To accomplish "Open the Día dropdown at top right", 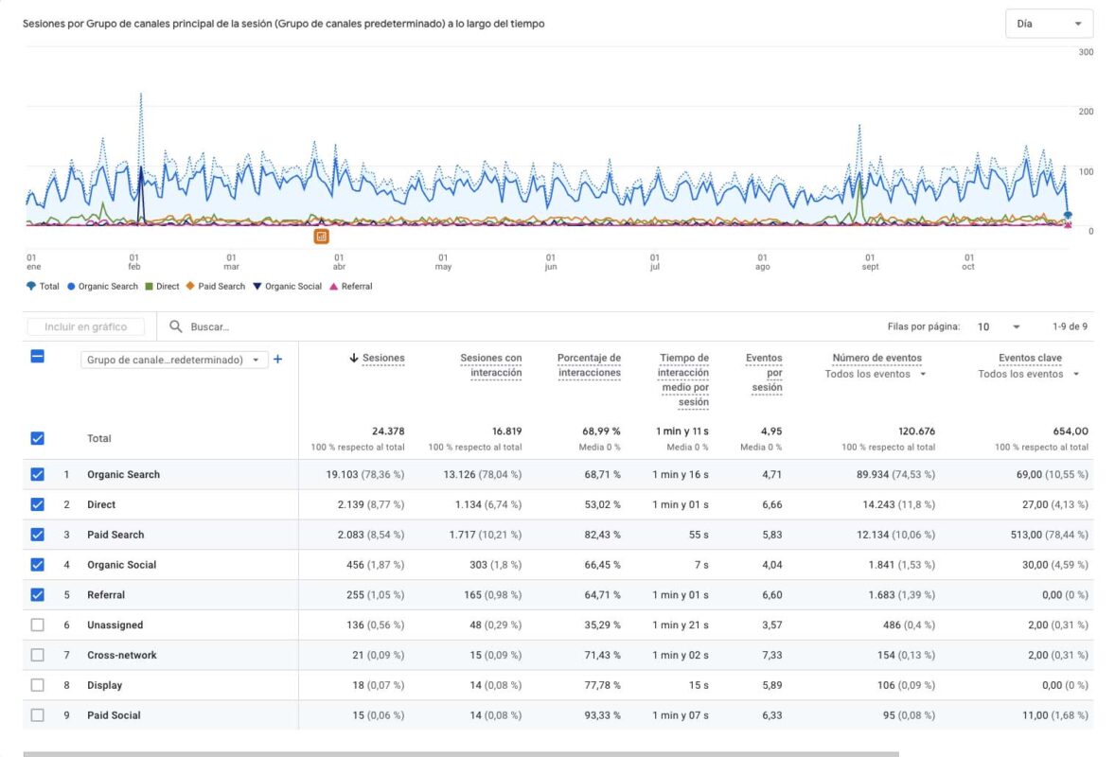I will click(x=1048, y=24).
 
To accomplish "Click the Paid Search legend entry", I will click(x=221, y=287).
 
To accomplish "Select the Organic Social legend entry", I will click(x=292, y=287).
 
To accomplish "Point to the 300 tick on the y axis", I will click(x=1086, y=52).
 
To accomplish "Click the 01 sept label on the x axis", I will click(x=870, y=261).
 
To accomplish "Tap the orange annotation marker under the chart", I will click(x=322, y=236).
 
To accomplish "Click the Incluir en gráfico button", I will click(x=86, y=326).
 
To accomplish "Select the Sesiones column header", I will click(x=382, y=358).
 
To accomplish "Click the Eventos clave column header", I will click(x=1030, y=358).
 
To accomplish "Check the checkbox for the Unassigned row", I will click(x=37, y=625).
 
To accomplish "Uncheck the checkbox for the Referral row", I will click(x=37, y=595).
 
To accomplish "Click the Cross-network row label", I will click(x=122, y=655).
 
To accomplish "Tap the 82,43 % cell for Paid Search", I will click(x=602, y=535).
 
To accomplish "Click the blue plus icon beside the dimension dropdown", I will click(x=278, y=360).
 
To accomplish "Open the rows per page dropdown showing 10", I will click(x=998, y=326).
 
